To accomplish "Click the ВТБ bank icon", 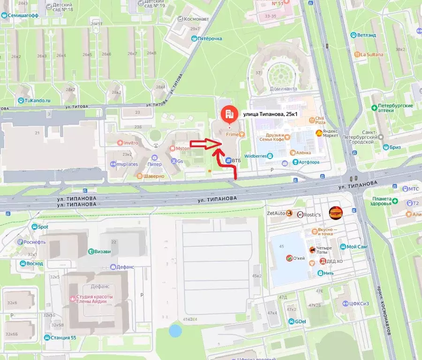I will click(x=228, y=160).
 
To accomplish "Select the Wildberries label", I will click(x=256, y=156).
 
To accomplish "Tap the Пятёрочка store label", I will click(x=210, y=38).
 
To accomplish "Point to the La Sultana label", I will click(x=371, y=54).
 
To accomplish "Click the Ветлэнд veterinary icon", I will click(x=353, y=35).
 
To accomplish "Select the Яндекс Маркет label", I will click(x=331, y=133).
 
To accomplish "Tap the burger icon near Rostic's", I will click(x=335, y=213).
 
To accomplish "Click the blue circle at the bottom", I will click(x=175, y=330).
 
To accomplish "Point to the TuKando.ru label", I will click(x=38, y=100).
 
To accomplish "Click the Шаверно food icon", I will click(x=139, y=176).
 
